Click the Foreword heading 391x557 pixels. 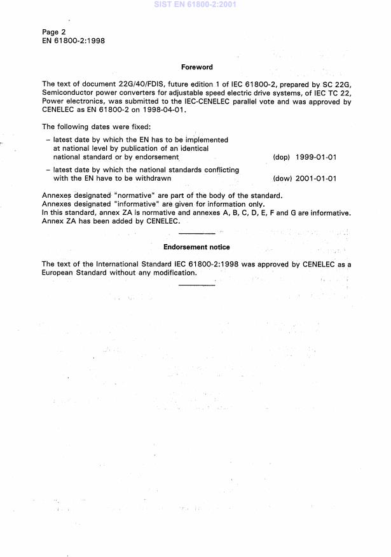[x=196, y=67]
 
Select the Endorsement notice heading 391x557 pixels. [x=196, y=247]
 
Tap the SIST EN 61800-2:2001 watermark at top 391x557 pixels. [x=195, y=4]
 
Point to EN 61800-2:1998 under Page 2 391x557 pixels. [x=73, y=41]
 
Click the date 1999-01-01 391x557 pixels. [x=316, y=156]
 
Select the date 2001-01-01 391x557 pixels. [x=316, y=178]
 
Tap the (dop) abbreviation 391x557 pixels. [x=281, y=156]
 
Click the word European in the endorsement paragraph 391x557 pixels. [x=59, y=273]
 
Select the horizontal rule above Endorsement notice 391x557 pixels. [x=196, y=234]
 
